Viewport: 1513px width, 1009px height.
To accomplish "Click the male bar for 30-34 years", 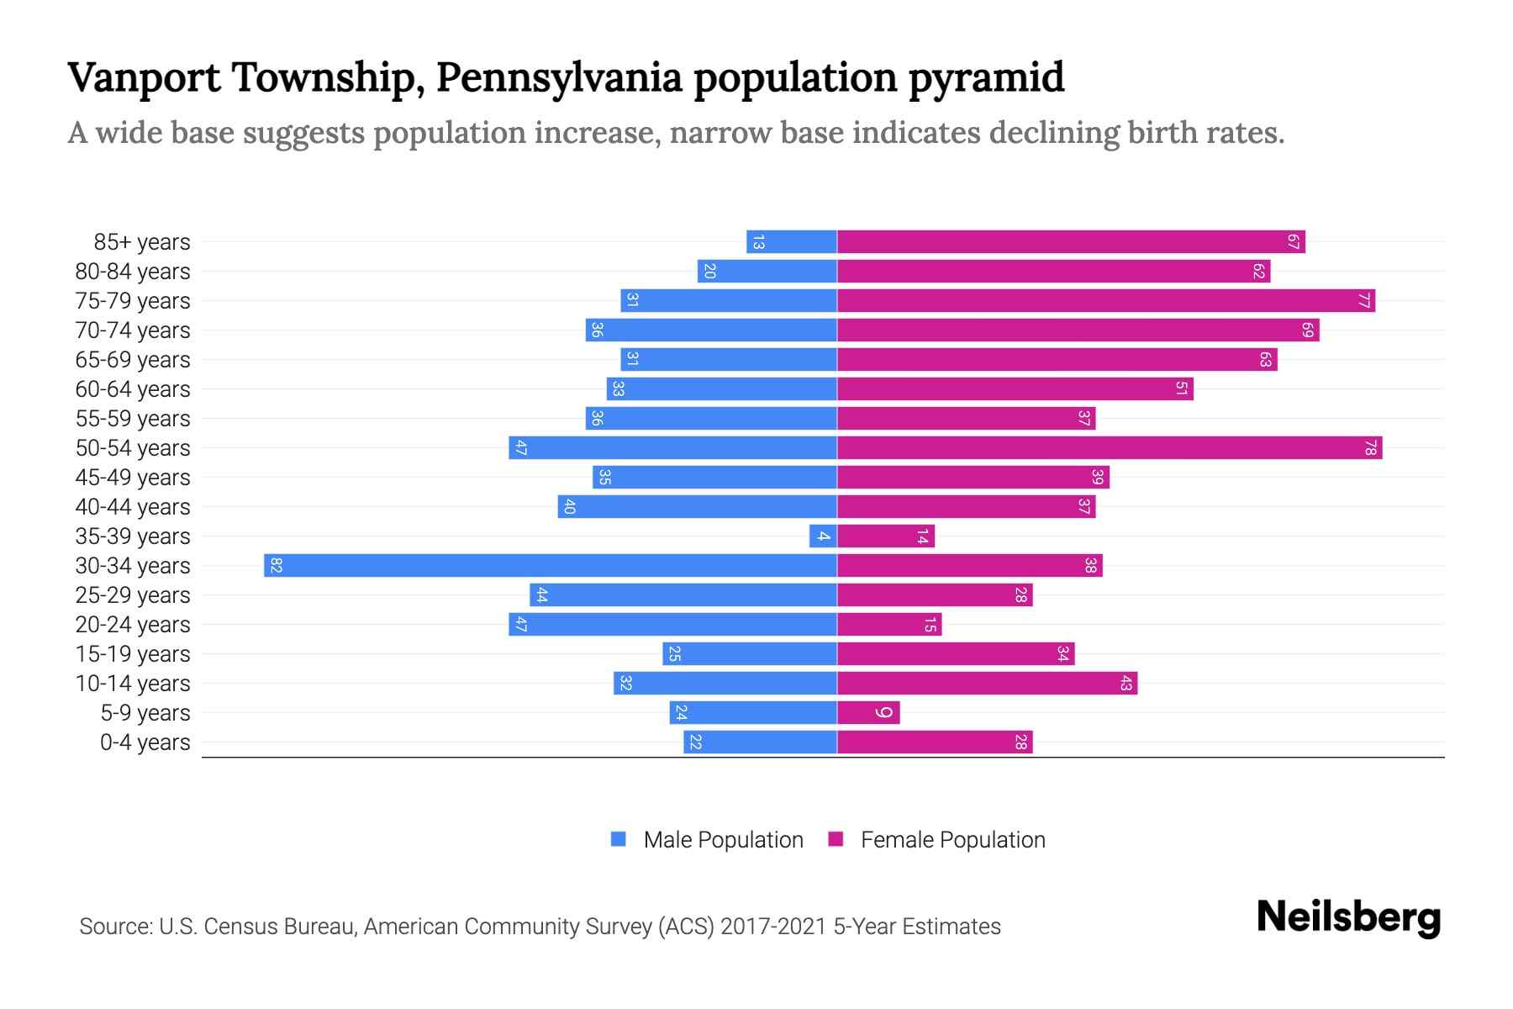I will point(551,565).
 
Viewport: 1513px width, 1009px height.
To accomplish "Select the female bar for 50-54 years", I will point(1110,447).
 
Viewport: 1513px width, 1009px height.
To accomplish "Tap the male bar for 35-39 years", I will point(823,536).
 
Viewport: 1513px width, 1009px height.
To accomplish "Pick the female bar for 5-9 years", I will point(868,712).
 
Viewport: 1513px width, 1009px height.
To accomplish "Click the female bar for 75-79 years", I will point(1106,300).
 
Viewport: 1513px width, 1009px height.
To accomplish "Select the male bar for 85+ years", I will point(792,241).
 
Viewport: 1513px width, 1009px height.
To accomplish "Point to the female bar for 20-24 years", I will point(889,624).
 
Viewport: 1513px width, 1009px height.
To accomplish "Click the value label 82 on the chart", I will point(276,565).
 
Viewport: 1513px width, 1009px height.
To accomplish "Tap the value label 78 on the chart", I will point(1370,447).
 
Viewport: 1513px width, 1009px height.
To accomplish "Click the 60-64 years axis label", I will point(133,389).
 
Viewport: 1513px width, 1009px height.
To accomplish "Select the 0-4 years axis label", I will point(145,742).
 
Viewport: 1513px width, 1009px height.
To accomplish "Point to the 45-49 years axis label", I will point(133,478).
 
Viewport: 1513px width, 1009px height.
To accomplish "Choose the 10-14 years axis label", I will point(133,684).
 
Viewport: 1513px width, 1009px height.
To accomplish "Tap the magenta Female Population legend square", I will point(836,839).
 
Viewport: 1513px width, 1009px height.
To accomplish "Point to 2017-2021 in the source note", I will point(772,927).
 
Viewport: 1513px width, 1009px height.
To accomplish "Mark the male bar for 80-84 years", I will point(767,271).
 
